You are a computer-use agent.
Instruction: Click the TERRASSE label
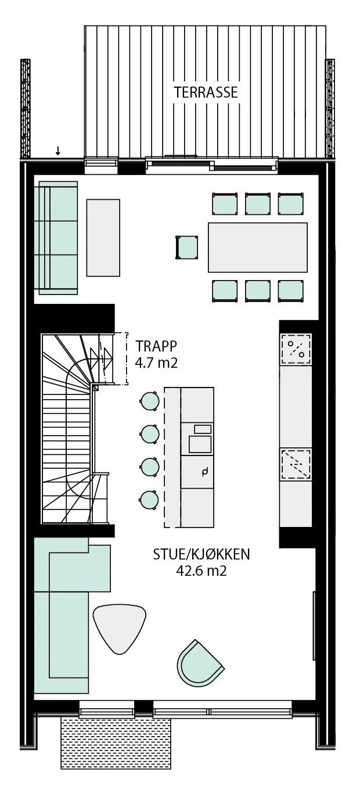[206, 92]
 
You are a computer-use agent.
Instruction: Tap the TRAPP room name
[156, 346]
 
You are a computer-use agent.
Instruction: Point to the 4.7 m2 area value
[156, 363]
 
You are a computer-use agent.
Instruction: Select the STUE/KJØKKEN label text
[201, 554]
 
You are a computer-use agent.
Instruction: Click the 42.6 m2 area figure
[201, 571]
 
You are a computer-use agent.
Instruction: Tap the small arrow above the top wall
[58, 151]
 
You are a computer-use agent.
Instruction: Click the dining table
[258, 248]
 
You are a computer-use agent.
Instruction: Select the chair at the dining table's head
[187, 248]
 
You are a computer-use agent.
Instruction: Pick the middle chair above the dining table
[258, 203]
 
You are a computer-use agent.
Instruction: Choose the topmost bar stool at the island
[150, 401]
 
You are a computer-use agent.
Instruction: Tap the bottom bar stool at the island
[149, 500]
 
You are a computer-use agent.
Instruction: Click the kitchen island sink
[200, 444]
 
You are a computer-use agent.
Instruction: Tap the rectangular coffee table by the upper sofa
[103, 238]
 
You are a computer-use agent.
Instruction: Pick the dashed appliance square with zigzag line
[296, 464]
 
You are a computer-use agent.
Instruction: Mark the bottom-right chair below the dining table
[291, 291]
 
